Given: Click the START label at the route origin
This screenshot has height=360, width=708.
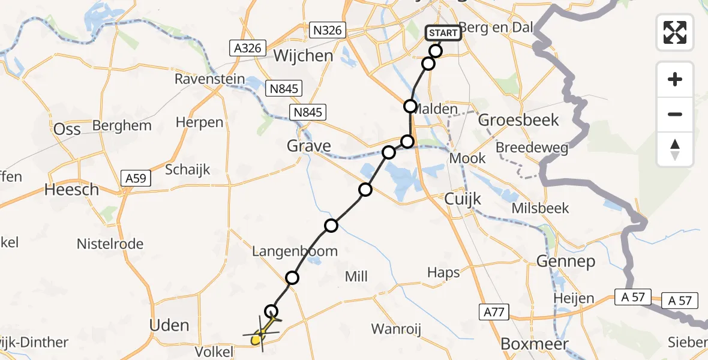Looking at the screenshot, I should tap(443, 33).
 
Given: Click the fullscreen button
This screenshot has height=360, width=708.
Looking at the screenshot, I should tap(675, 32).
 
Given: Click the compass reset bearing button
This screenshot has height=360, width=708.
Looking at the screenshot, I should tap(675, 149).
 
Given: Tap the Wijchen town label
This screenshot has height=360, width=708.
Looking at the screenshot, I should tap(303, 56).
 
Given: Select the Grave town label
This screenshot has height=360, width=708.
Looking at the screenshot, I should tap(308, 146).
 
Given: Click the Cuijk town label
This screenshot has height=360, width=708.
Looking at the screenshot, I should tap(460, 199).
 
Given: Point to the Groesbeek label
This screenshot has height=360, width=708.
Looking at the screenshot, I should tap(518, 120).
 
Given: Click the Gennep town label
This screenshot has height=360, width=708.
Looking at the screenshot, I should tap(566, 262).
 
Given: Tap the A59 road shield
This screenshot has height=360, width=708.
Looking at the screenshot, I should tap(137, 178).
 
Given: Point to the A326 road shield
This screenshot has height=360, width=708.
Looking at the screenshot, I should tap(248, 47).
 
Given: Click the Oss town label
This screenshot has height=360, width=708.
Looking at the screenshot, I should tap(67, 130).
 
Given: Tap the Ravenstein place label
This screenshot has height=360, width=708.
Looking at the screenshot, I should tap(210, 79).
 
